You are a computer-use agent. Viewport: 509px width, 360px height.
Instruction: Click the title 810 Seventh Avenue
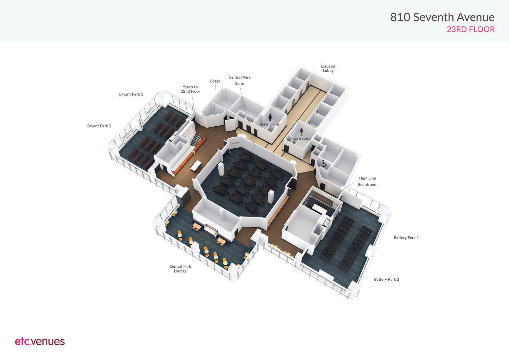click(x=442, y=17)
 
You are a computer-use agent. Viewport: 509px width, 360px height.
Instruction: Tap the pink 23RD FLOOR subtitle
click(x=470, y=29)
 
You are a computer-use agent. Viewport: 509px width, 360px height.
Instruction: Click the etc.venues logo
click(x=40, y=341)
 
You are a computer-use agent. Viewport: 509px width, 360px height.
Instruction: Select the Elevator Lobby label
click(x=328, y=69)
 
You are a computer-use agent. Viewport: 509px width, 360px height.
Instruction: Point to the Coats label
click(x=215, y=81)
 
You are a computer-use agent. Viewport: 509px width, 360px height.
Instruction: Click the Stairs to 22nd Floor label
click(x=190, y=89)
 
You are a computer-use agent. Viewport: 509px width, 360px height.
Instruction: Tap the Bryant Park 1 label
click(x=131, y=94)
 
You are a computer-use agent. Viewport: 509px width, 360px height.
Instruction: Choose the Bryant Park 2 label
click(x=99, y=126)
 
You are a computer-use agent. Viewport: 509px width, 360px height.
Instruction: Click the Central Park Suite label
click(x=239, y=80)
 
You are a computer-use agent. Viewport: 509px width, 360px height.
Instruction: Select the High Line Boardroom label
click(x=367, y=181)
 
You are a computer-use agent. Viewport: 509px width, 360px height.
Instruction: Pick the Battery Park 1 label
click(x=406, y=238)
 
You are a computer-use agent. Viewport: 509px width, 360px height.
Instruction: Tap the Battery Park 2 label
click(x=387, y=280)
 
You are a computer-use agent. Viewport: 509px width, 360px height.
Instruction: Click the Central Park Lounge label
click(x=180, y=269)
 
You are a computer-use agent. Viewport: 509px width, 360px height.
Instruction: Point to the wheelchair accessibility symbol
click(x=324, y=163)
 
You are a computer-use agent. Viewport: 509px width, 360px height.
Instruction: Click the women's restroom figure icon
click(x=270, y=117)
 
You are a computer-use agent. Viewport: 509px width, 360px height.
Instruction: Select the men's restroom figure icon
click(x=302, y=132)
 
